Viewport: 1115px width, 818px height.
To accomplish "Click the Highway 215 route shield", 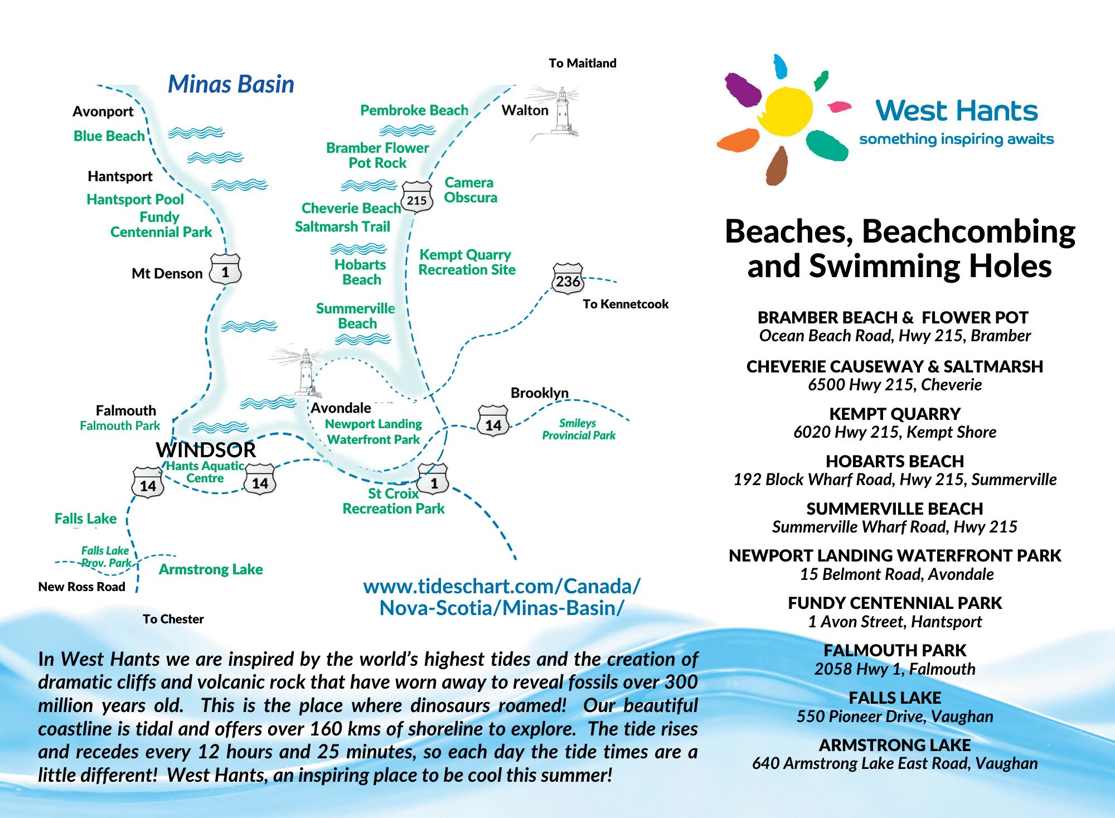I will (417, 197).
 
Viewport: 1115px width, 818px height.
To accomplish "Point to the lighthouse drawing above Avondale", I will (304, 372).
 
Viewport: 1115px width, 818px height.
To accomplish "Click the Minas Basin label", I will (231, 84).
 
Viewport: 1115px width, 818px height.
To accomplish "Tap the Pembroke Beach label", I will (414, 110).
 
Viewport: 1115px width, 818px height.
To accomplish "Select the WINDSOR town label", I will (206, 449).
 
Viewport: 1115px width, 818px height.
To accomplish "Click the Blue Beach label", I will (109, 136).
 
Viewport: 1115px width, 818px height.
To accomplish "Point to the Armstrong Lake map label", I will (211, 569).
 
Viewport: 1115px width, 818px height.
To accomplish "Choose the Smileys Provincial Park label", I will (579, 429).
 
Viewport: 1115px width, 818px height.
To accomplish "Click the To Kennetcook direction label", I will (626, 304).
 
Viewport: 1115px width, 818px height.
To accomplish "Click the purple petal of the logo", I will (743, 90).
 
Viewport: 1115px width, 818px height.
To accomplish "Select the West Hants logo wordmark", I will (957, 111).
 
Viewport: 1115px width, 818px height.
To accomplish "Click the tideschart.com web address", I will (502, 597).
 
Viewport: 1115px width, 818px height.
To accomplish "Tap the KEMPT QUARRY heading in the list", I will (895, 414).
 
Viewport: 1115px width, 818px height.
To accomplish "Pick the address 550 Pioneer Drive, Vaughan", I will (895, 717).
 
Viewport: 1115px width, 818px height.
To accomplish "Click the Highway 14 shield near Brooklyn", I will (493, 423).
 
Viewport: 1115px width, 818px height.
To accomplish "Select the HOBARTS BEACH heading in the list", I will (895, 461).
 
